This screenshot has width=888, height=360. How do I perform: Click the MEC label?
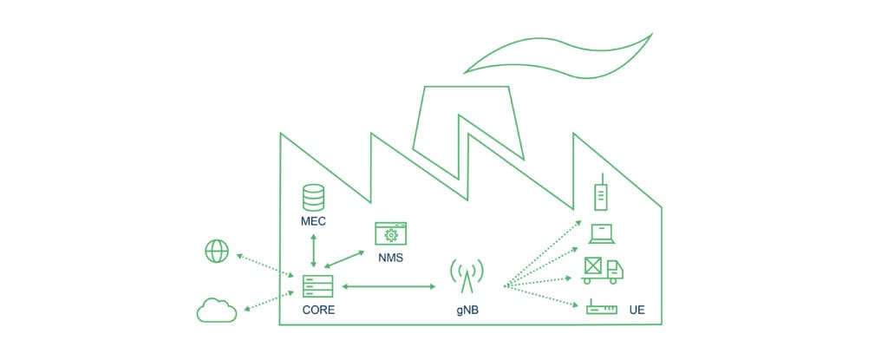(x=313, y=222)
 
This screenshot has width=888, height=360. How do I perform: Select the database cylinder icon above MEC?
(x=313, y=197)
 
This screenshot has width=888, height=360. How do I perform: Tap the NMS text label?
(x=390, y=259)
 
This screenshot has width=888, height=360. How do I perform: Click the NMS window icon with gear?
(x=391, y=234)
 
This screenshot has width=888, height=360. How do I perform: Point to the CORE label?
(x=318, y=310)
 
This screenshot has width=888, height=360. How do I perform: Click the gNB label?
(x=467, y=310)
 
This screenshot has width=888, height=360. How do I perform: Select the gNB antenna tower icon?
(x=467, y=277)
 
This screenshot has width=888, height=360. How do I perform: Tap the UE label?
(x=637, y=310)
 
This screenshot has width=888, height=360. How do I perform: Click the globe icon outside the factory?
(x=216, y=251)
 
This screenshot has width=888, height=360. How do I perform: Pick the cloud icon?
(x=217, y=309)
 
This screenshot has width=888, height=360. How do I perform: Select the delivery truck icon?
(x=603, y=271)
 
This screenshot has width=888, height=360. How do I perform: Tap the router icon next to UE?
(x=602, y=308)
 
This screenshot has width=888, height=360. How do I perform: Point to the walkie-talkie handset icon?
(x=599, y=193)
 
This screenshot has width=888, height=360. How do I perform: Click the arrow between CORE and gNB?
(x=389, y=285)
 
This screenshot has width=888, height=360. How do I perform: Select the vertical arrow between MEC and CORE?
(x=313, y=251)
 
